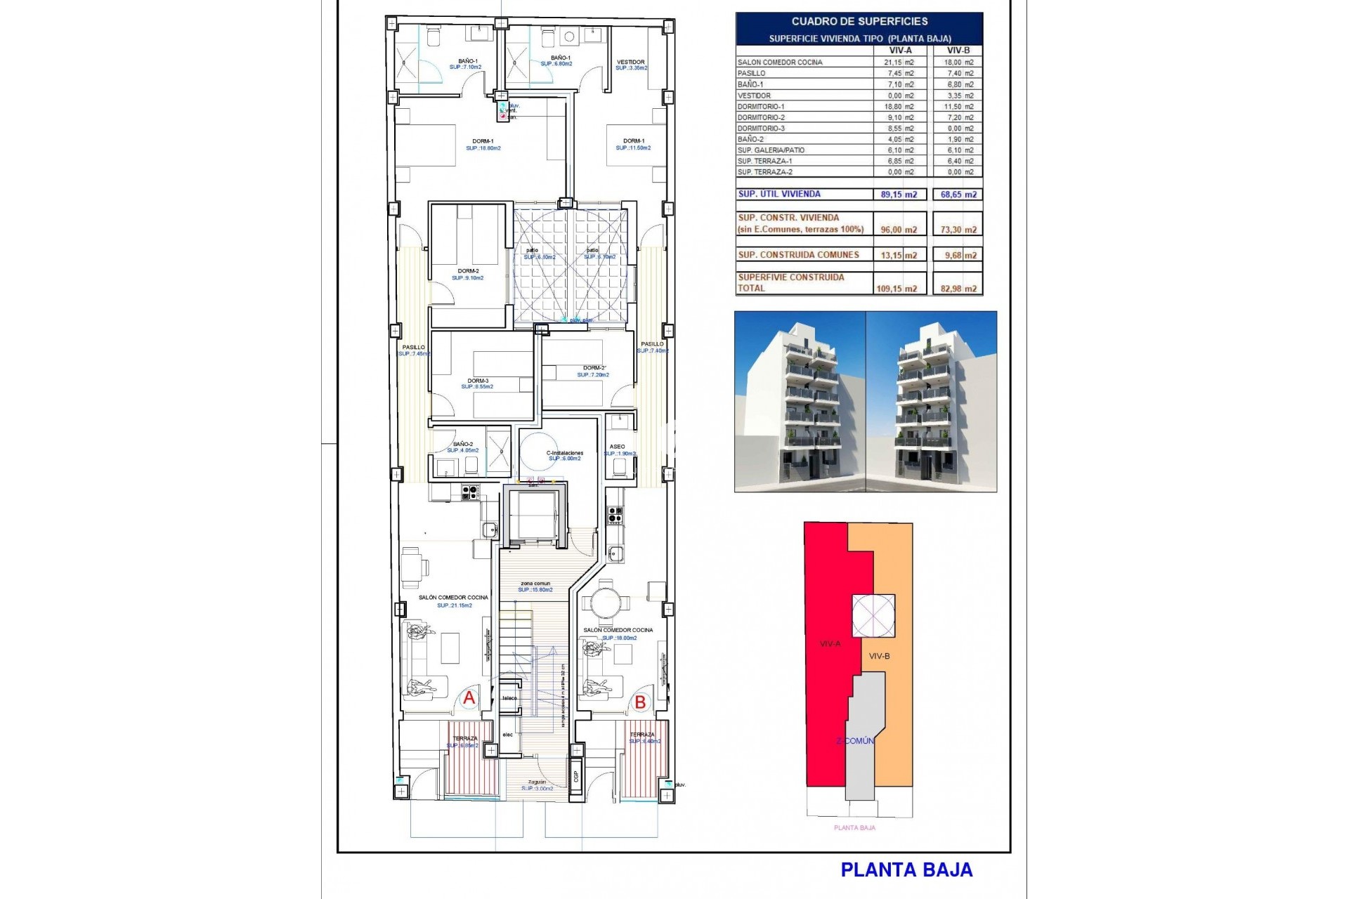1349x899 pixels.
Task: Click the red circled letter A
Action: tap(469, 698)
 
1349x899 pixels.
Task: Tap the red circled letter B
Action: tap(640, 702)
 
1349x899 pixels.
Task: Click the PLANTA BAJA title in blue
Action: tap(906, 870)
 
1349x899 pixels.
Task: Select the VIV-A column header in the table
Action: tap(900, 51)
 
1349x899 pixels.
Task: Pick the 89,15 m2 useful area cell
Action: tap(899, 195)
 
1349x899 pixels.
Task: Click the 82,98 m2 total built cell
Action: tap(958, 289)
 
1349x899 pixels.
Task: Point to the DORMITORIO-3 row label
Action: tap(761, 129)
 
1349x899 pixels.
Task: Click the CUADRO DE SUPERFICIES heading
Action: tap(859, 22)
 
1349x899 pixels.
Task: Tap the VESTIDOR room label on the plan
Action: tap(630, 63)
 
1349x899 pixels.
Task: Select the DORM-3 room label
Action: tap(478, 381)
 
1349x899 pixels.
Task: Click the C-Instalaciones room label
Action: tap(565, 453)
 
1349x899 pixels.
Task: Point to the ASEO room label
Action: tap(617, 447)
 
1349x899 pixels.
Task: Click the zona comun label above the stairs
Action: tap(535, 584)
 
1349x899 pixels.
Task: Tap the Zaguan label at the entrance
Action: tap(537, 782)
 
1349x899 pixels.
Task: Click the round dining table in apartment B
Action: tap(604, 603)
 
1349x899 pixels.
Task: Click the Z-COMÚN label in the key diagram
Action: tap(855, 741)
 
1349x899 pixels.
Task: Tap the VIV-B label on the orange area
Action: tap(879, 656)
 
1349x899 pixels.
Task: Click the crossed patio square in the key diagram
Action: tap(873, 616)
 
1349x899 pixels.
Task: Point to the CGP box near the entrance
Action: tap(576, 775)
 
